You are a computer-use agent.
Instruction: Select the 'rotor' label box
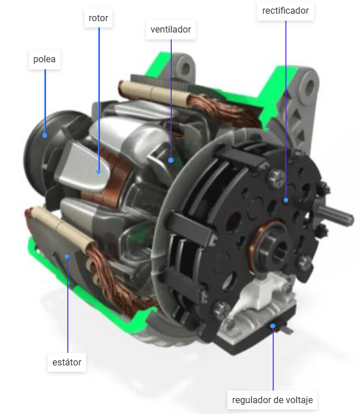pos(98,18)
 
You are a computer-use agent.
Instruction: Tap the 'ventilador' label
pos(171,29)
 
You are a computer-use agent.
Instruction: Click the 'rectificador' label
pos(286,11)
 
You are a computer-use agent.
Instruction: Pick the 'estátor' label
pos(67,362)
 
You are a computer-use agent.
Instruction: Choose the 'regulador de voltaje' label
pos(273,399)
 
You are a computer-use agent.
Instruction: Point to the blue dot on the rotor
pos(99,170)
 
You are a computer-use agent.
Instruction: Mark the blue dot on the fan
pos(171,160)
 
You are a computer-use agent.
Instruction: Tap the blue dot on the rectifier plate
pos(286,200)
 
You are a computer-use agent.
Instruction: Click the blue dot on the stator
pos(67,256)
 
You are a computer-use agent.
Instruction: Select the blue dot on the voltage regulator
pos(273,326)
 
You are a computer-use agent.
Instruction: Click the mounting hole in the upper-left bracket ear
pos(185,68)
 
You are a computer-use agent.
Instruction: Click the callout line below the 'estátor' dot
pos(67,308)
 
